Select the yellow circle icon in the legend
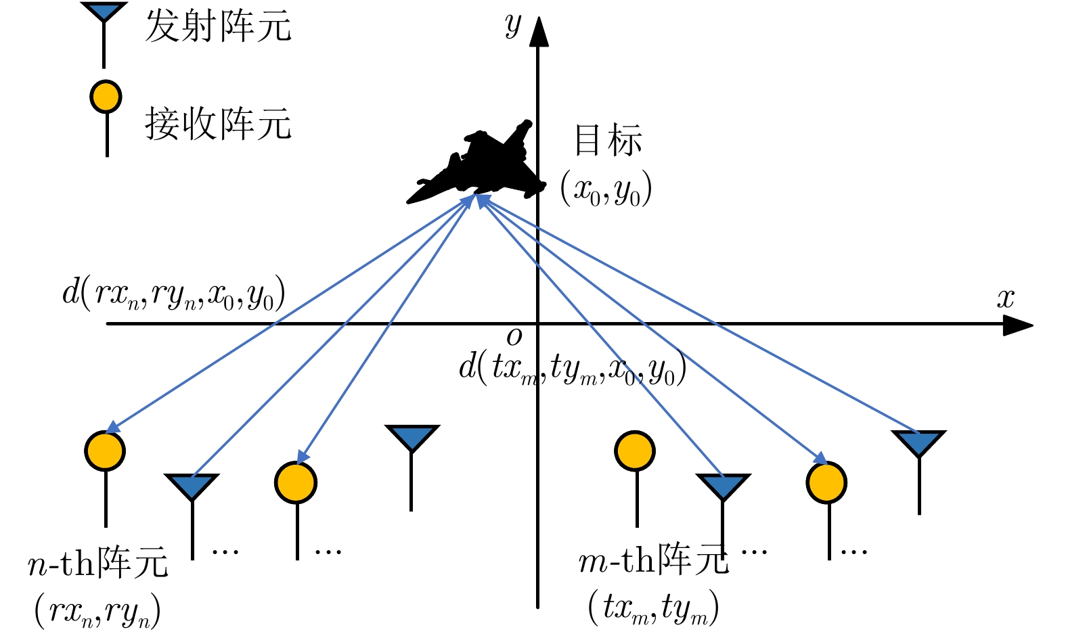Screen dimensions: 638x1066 pyautogui.click(x=106, y=97)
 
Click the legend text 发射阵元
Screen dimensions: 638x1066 pyautogui.click(x=218, y=27)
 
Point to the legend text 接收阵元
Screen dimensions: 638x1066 pyautogui.click(x=218, y=124)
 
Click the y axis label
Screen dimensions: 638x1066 pyautogui.click(x=513, y=26)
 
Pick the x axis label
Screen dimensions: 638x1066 pyautogui.click(x=1006, y=298)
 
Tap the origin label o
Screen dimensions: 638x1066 pyautogui.click(x=514, y=336)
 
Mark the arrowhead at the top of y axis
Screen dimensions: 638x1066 pyautogui.click(x=538, y=32)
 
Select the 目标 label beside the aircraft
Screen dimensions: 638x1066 pyautogui.click(x=607, y=141)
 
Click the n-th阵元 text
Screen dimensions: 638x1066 pyautogui.click(x=98, y=563)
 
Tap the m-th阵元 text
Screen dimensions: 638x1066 pyautogui.click(x=654, y=560)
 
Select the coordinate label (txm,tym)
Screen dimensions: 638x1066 pyautogui.click(x=653, y=607)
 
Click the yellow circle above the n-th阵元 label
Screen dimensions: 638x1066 pyautogui.click(x=105, y=451)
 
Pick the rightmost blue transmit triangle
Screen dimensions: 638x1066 pyautogui.click(x=918, y=442)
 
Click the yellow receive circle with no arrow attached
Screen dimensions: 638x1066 pyautogui.click(x=635, y=451)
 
